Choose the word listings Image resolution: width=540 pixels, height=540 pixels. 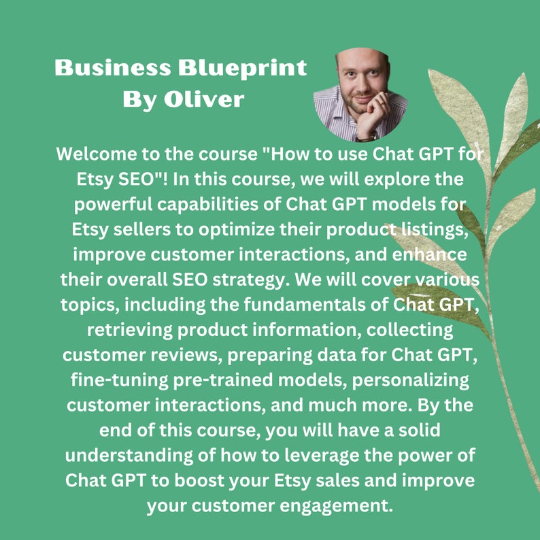coord(439,229)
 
